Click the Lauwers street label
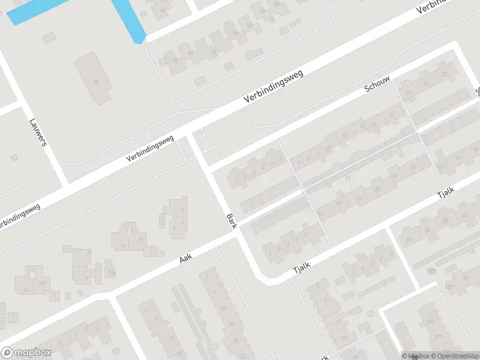[37, 132]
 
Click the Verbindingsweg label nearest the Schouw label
[274, 87]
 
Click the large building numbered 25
[94, 82]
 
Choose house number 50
[214, 53]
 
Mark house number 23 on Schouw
[445, 74]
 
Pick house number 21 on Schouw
[427, 84]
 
